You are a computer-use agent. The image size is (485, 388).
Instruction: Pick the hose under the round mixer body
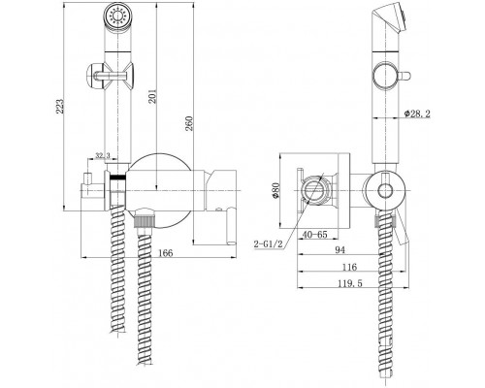pos(146,301)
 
